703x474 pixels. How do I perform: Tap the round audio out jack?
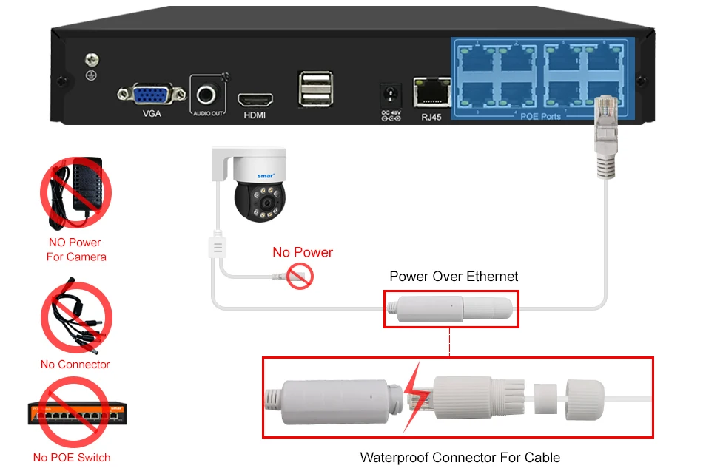(x=206, y=94)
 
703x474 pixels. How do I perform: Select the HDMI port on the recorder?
(x=255, y=100)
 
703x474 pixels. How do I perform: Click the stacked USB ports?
(x=315, y=89)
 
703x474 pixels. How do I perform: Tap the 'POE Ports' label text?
(x=540, y=117)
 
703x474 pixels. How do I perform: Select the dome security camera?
(x=255, y=186)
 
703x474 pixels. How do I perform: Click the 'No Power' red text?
(x=303, y=252)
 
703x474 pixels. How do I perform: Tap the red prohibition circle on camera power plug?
(x=301, y=277)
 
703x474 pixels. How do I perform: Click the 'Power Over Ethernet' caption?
(x=454, y=277)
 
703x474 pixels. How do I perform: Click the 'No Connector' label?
(x=75, y=365)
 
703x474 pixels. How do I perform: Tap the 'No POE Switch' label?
(x=72, y=458)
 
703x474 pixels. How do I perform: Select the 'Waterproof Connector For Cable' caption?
(x=460, y=458)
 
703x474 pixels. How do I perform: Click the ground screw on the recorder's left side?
(x=92, y=61)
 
